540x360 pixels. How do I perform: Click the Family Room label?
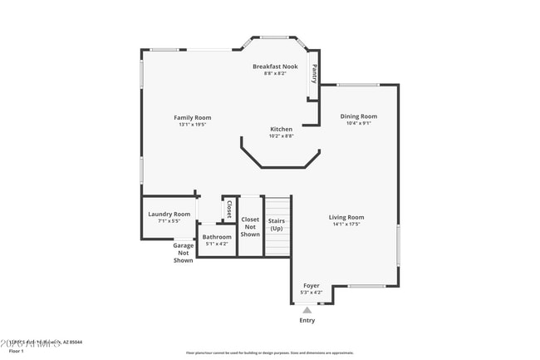pyautogui.click(x=192, y=117)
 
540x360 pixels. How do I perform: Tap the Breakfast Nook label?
pyautogui.click(x=275, y=66)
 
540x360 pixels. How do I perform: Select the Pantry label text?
pyautogui.click(x=314, y=75)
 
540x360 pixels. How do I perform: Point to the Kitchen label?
pyautogui.click(x=281, y=129)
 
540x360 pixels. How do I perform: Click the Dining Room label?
pyautogui.click(x=358, y=116)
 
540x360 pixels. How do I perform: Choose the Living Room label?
pyautogui.click(x=346, y=217)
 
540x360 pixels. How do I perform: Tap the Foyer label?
pyautogui.click(x=311, y=285)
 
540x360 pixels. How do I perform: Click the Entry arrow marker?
pyautogui.click(x=307, y=310)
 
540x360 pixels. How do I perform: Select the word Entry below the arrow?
pyautogui.click(x=307, y=320)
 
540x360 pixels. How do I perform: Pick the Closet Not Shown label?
pyautogui.click(x=250, y=227)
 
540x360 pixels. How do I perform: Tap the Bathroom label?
pyautogui.click(x=216, y=237)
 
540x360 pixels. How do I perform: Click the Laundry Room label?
pyautogui.click(x=169, y=214)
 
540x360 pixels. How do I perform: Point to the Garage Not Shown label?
pyautogui.click(x=183, y=253)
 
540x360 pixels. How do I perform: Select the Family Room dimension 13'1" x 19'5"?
pyautogui.click(x=192, y=125)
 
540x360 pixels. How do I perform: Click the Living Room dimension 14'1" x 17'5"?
pyautogui.click(x=346, y=224)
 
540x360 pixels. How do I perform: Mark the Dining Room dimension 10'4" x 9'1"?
pyautogui.click(x=358, y=123)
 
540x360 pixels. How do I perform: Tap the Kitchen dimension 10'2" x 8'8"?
pyautogui.click(x=281, y=136)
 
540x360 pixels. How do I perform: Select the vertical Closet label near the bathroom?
pyautogui.click(x=229, y=209)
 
